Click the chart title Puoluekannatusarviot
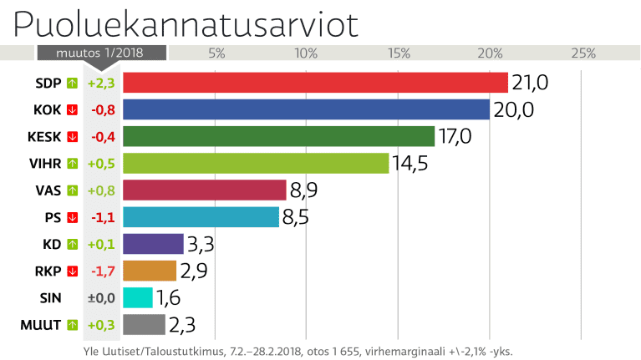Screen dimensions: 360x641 [x=186, y=25]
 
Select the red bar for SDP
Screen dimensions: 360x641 [x=315, y=83]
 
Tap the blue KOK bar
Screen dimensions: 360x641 [x=306, y=109]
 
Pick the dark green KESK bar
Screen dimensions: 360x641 [x=278, y=136]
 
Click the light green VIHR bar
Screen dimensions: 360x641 [x=256, y=163]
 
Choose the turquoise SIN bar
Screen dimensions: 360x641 [x=138, y=297]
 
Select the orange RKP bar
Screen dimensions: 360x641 [x=150, y=271]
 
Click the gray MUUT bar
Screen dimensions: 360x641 [x=144, y=324]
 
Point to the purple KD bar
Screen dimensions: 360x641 [x=153, y=244]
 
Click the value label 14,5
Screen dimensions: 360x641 [x=410, y=163]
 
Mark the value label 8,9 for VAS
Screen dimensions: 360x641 [x=303, y=190]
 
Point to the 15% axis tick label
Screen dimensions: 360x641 [x=399, y=53]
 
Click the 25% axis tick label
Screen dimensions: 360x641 [x=582, y=53]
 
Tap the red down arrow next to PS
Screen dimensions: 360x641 [x=72, y=217]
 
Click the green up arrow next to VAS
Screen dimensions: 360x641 [x=72, y=190]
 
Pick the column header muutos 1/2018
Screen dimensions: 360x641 [x=101, y=53]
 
